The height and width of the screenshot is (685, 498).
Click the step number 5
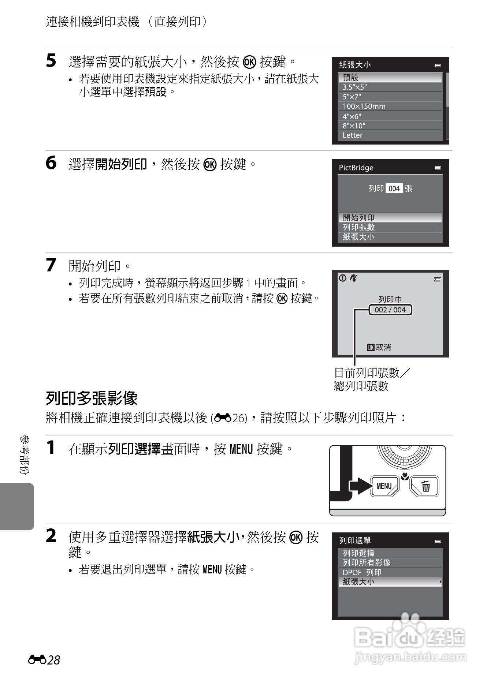51,61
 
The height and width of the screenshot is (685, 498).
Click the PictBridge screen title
356,168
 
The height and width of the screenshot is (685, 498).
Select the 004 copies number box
394,188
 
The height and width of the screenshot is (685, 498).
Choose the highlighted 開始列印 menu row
390,218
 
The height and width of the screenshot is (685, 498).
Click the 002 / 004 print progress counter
390,310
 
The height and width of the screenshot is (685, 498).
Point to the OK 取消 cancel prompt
379,347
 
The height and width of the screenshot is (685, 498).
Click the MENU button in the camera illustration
384,486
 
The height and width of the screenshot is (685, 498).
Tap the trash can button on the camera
425,486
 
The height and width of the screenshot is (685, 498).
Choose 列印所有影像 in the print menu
367,563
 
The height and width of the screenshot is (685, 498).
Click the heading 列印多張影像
92,398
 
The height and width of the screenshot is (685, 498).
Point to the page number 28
53,660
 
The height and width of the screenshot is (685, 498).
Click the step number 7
51,265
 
